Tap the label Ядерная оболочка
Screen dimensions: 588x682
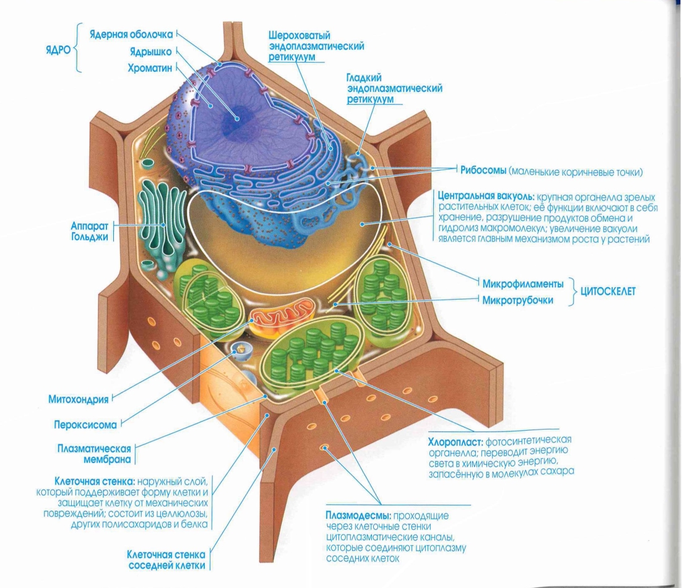pos(131,33)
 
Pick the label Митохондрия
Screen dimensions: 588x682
pos(79,399)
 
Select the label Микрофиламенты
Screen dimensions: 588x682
pos(524,284)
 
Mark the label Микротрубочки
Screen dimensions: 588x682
pos(519,300)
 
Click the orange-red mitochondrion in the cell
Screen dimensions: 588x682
pos(282,315)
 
